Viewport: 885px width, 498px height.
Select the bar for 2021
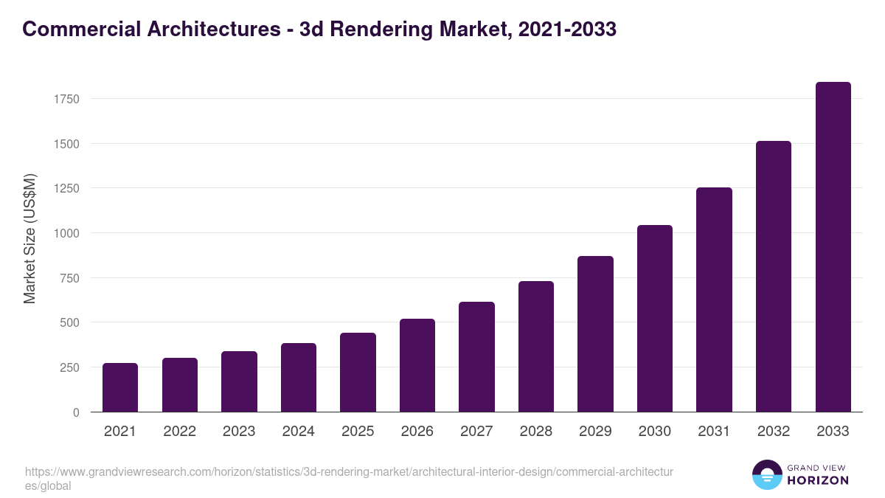point(120,387)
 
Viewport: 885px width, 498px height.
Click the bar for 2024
point(299,378)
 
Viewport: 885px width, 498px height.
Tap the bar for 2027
point(476,357)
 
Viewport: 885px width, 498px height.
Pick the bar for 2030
point(655,319)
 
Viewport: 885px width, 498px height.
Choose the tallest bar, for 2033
point(833,247)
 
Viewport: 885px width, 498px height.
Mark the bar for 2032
point(774,277)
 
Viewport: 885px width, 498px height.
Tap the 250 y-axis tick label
point(69,367)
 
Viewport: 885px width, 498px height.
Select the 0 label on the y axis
point(76,412)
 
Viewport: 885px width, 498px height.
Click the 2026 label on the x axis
point(417,432)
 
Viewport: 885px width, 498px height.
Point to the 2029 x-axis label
point(595,432)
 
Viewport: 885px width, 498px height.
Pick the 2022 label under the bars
point(179,432)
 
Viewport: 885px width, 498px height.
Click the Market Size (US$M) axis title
point(29,238)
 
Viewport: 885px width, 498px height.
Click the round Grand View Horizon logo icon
point(766,474)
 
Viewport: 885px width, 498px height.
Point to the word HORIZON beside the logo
point(817,480)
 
